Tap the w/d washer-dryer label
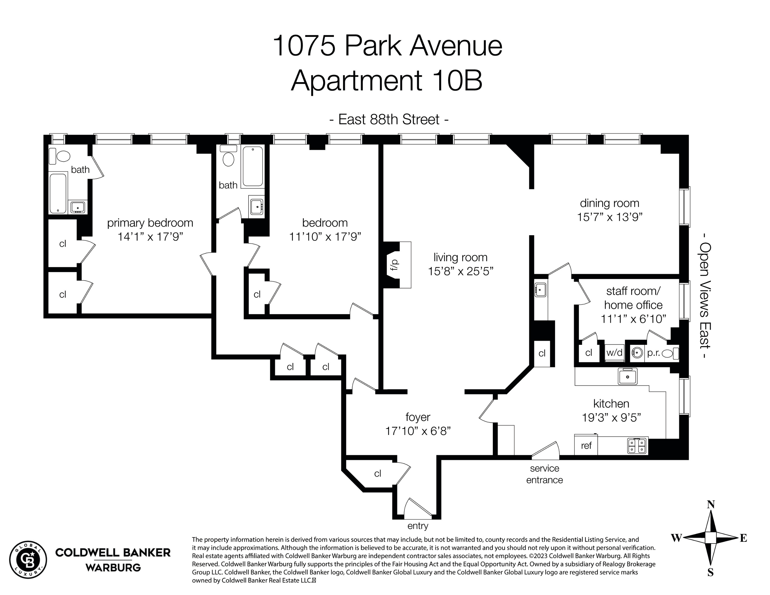click(614, 353)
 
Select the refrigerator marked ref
click(586, 445)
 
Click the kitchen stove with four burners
click(637, 445)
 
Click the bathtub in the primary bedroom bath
click(58, 193)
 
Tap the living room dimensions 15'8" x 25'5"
click(460, 271)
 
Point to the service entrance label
click(544, 474)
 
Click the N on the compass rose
click(711, 505)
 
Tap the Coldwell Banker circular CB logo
click(28, 560)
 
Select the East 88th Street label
click(389, 120)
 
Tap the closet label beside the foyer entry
click(378, 474)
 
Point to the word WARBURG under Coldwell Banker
click(113, 567)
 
